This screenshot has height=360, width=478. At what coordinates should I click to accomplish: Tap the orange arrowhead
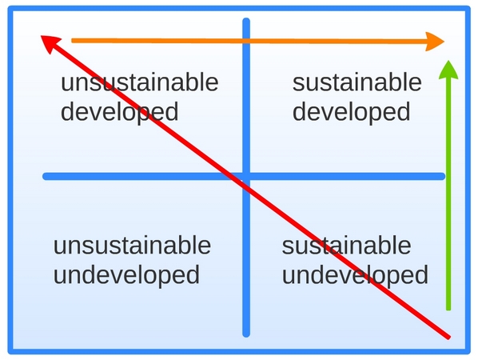(x=435, y=41)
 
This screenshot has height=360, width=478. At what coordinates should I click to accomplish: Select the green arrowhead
(x=448, y=70)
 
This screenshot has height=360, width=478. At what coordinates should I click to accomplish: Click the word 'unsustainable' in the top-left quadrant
(x=140, y=82)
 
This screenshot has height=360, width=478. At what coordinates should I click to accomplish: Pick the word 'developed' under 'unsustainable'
(x=120, y=113)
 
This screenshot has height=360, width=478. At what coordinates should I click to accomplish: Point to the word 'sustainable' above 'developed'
(x=357, y=82)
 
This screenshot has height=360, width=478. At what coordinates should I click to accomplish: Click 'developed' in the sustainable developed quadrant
(x=351, y=113)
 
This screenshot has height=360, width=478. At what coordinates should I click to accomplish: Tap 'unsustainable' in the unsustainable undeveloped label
(x=132, y=246)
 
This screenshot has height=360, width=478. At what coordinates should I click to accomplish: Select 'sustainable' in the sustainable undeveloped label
(x=346, y=246)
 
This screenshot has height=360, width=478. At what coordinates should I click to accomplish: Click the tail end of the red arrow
(x=449, y=338)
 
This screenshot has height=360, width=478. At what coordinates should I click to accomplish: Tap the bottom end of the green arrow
(x=448, y=309)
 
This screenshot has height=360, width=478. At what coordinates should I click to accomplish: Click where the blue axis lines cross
(x=246, y=176)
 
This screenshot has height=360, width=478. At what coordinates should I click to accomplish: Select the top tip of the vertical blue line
(x=246, y=20)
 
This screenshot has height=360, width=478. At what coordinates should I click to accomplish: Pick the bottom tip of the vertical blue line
(x=246, y=335)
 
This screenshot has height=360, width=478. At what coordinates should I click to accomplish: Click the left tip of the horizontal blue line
(x=45, y=176)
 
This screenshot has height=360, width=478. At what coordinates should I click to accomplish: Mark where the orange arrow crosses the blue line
(x=246, y=41)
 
